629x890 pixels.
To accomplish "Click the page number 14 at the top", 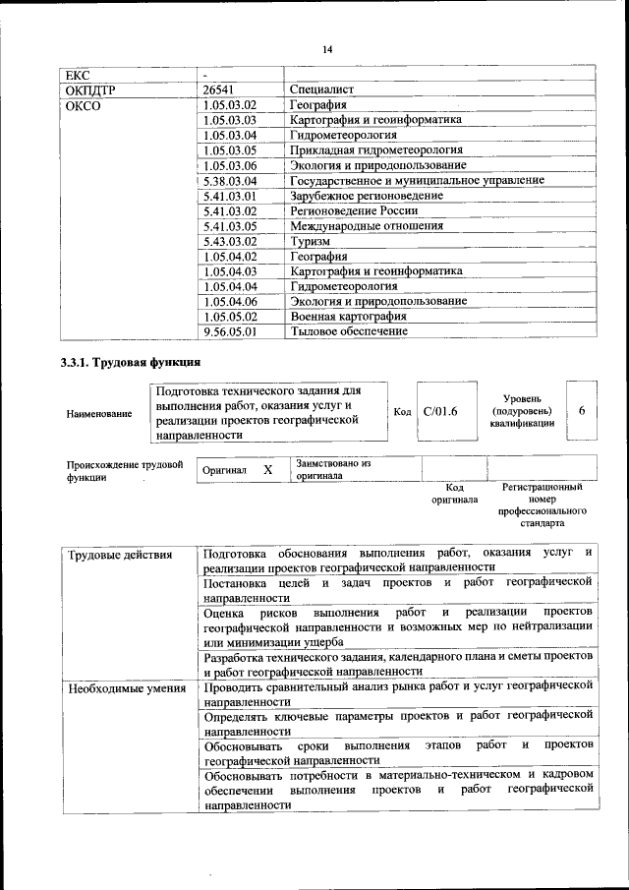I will [327, 49].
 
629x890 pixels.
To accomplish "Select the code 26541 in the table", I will [215, 89].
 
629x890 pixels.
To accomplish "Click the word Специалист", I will [321, 89].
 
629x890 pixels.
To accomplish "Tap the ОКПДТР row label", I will [89, 89].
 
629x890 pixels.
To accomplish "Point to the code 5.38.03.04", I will [228, 181].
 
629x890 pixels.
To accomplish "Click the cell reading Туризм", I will [310, 241].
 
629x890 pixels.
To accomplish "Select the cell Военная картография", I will [348, 317].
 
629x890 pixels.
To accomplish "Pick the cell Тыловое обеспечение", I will [348, 331].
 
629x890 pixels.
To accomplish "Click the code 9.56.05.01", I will [228, 331].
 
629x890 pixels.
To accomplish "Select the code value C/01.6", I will [440, 410].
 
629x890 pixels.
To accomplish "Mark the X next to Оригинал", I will [267, 470].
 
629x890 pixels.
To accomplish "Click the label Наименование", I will [99, 414].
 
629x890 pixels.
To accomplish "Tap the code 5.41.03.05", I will [228, 226].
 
